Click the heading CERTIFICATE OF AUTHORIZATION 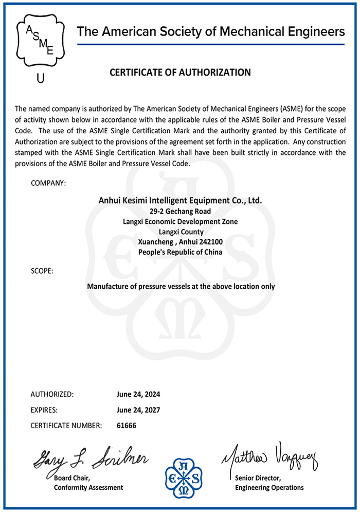[180, 73]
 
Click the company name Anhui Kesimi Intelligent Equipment [180, 200]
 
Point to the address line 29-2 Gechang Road [180, 211]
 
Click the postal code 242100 [211, 242]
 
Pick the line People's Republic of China [180, 252]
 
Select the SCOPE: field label [42, 270]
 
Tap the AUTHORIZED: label [52, 395]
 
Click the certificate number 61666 [127, 426]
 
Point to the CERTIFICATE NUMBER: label [66, 426]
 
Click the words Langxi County [180, 232]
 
